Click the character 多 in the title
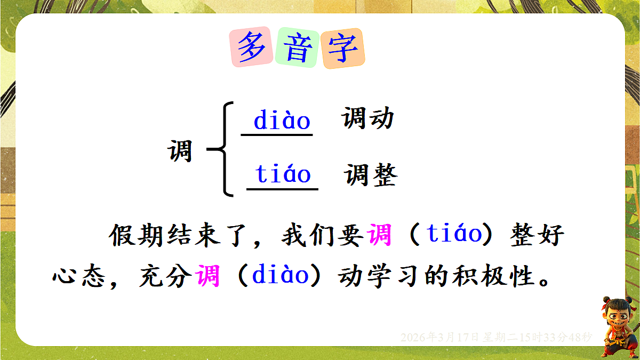(252, 48)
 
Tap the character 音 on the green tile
(298, 48)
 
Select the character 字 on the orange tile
(343, 49)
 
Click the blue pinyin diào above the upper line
(282, 121)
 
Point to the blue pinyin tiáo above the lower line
(283, 174)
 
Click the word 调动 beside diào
(368, 118)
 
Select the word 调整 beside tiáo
(371, 174)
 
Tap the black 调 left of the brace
(180, 151)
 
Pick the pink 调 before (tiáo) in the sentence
(380, 235)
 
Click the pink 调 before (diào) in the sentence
(207, 276)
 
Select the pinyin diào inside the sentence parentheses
(281, 276)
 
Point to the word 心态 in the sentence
(80, 277)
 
